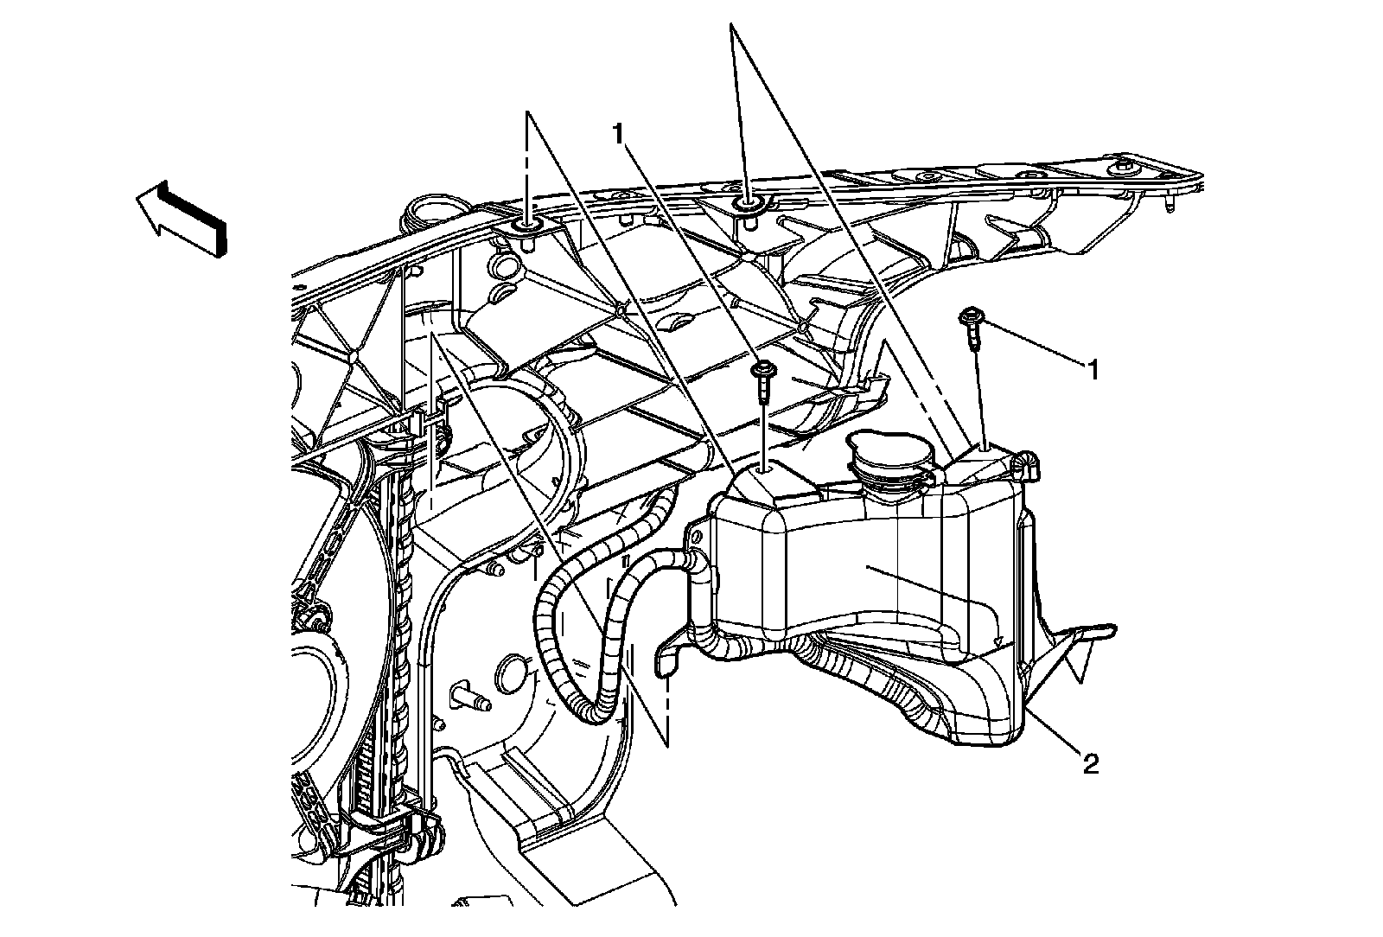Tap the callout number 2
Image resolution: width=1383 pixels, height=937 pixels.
(1091, 763)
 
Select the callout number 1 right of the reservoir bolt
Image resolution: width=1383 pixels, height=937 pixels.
(1093, 371)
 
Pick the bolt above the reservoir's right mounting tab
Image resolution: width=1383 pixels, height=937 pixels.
(972, 326)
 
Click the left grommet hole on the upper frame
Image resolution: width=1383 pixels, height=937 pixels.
(526, 228)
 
